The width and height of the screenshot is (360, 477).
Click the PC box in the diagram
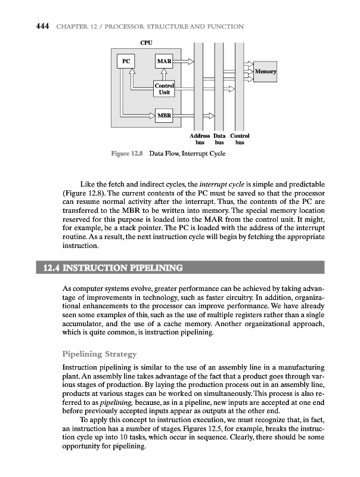pos(126,61)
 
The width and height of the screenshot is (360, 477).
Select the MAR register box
pos(163,61)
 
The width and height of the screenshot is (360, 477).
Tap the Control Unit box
pos(163,89)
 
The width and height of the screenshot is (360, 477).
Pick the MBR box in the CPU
pos(163,115)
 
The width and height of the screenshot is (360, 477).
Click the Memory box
pos(265,72)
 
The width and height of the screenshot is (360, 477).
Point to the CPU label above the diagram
pos(146,43)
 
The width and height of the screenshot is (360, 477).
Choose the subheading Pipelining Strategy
pos(100,354)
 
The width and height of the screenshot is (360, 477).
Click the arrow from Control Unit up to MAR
pos(163,74)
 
